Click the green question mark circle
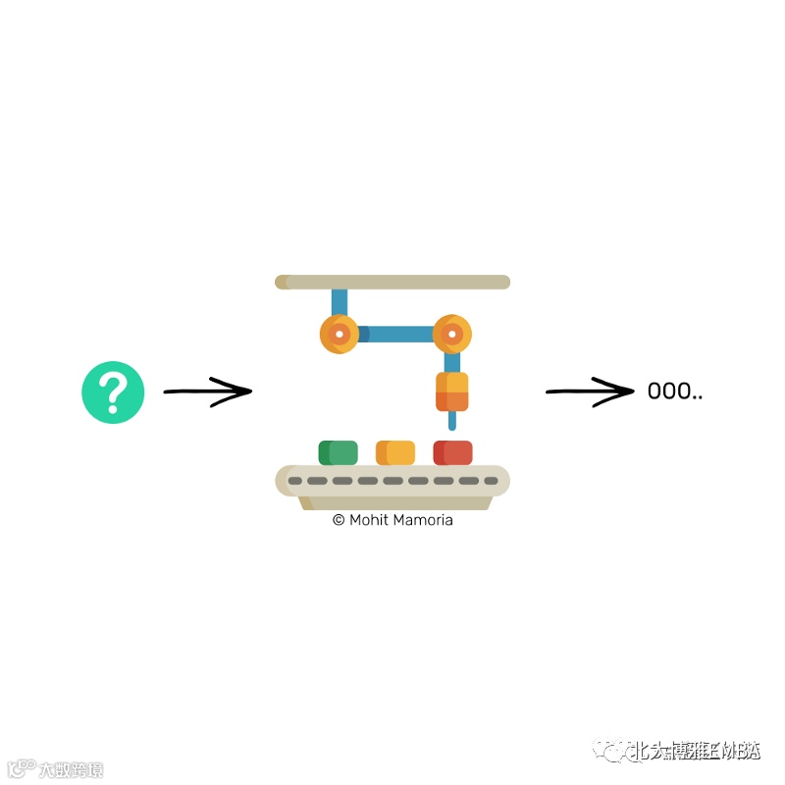(x=113, y=392)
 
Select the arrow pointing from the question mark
(x=207, y=392)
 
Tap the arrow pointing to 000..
(x=590, y=392)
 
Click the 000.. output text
(x=674, y=392)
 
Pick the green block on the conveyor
(x=338, y=452)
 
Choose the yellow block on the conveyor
(x=395, y=452)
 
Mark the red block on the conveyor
(x=452, y=452)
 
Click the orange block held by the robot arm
(x=451, y=392)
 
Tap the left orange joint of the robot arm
(x=339, y=335)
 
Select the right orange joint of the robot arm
(x=451, y=335)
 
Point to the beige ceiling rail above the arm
(x=392, y=283)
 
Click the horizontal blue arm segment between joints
(x=395, y=335)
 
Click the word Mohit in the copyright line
(x=369, y=520)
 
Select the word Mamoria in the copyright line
(x=423, y=520)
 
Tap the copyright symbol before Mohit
(x=339, y=520)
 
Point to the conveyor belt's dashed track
(x=392, y=481)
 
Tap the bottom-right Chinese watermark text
(x=695, y=752)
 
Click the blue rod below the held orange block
(x=451, y=421)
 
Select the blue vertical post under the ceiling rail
(x=339, y=301)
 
